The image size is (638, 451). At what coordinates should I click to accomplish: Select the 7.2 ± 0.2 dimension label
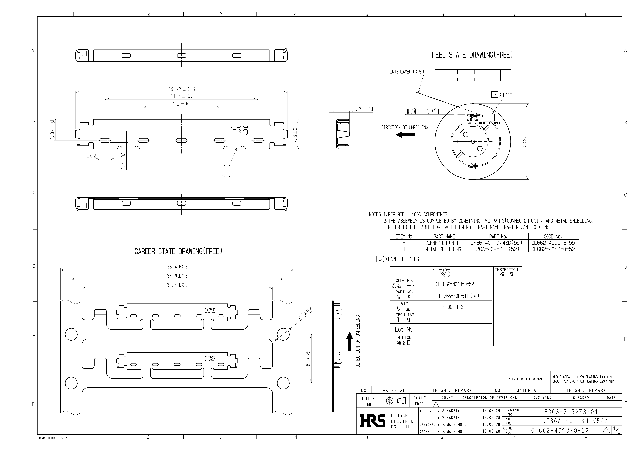coord(182,104)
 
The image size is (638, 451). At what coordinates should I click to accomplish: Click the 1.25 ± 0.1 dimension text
coord(363,109)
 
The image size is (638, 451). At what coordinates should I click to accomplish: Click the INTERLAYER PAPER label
coord(407,72)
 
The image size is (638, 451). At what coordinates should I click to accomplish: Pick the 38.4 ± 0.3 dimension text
coord(177,267)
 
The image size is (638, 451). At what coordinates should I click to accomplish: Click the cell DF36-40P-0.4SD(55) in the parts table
coord(496,243)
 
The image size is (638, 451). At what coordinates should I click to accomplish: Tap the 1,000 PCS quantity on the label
coord(453,307)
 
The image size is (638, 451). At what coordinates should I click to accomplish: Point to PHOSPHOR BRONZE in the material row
coord(525,379)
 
